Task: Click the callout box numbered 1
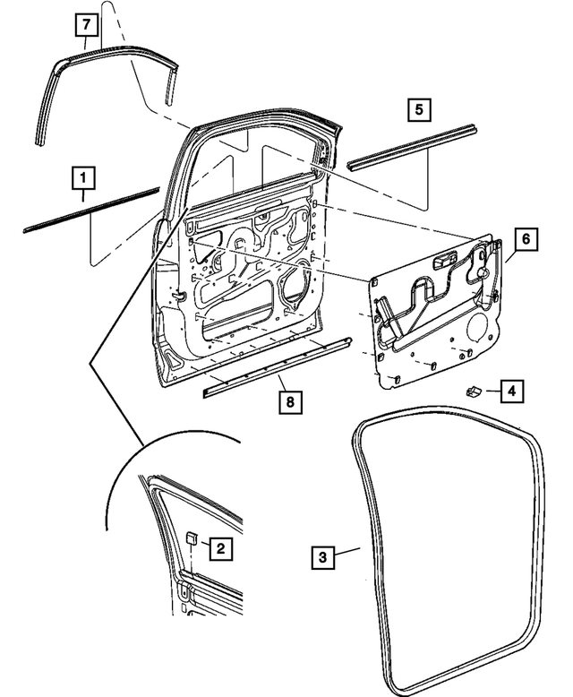click(82, 176)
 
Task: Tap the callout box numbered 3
click(325, 557)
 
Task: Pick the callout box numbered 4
click(511, 392)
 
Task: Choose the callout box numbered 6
click(526, 239)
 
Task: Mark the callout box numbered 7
click(84, 24)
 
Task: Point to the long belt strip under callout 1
click(90, 210)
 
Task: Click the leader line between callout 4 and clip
click(492, 391)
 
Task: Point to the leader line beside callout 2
click(205, 545)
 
